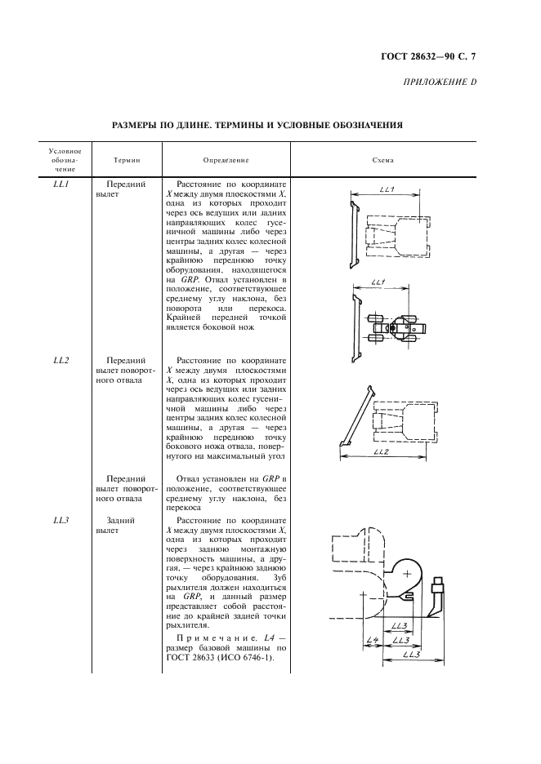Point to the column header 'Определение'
point(226,161)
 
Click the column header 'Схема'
point(383,161)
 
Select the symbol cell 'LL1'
point(60,185)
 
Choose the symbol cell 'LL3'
point(60,520)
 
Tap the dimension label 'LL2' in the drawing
point(381,451)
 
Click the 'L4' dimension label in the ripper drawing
point(369,641)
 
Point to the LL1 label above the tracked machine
point(388,190)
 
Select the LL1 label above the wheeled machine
point(378,283)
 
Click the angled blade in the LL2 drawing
point(355,420)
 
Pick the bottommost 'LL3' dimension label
point(411,655)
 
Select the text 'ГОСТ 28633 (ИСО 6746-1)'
point(218,658)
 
